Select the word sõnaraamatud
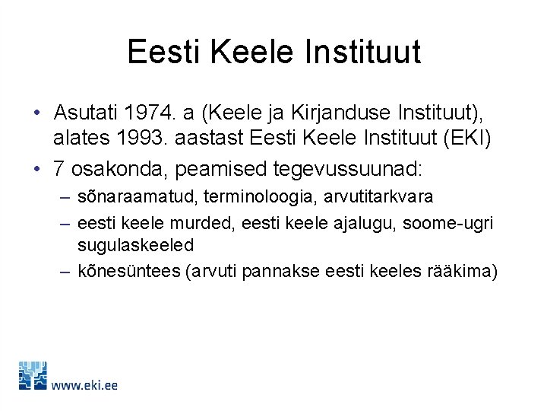tap(131, 196)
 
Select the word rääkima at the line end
tap(464, 272)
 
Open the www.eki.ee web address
tap(84, 385)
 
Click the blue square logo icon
tap(33, 376)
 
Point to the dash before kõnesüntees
tap(65, 272)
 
